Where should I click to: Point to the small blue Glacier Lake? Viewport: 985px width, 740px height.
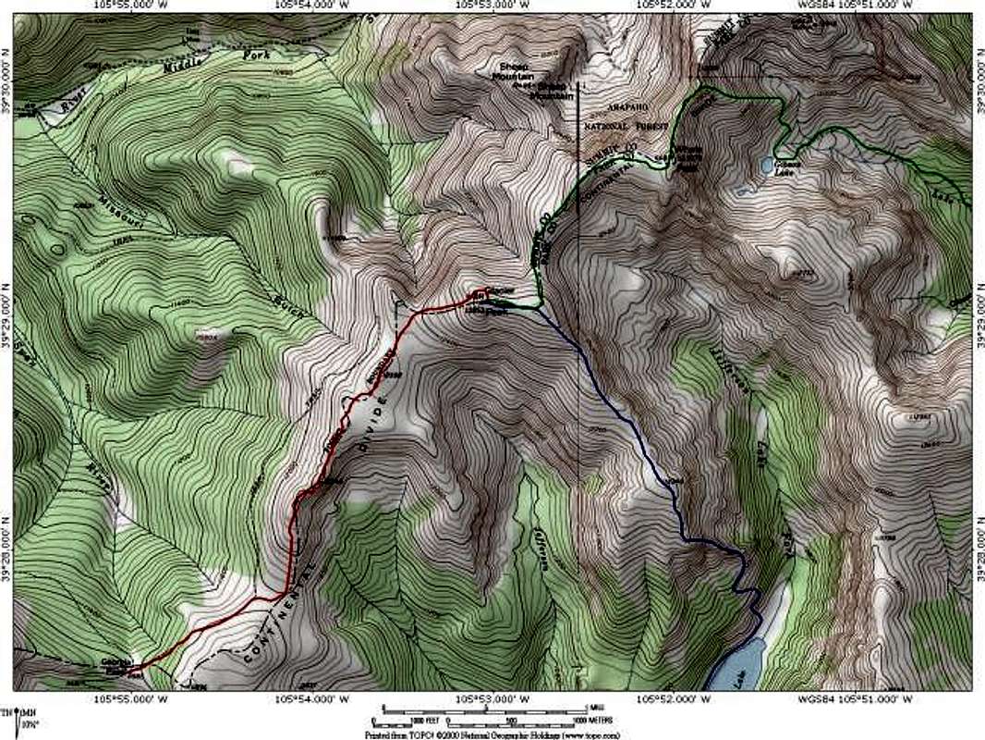tap(766, 165)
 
